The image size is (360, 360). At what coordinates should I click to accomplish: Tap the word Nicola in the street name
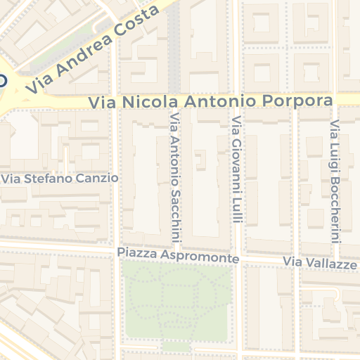tap(144, 102)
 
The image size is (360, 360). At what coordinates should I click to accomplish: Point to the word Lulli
tap(237, 210)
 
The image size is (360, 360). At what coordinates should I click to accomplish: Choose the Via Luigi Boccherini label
tap(335, 180)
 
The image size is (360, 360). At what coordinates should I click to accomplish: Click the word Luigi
tap(335, 150)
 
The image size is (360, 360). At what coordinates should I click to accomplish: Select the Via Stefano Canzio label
tap(60, 179)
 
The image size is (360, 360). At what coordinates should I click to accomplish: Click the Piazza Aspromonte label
tap(179, 255)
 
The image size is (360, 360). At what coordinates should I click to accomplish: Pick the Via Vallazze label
tap(320, 263)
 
